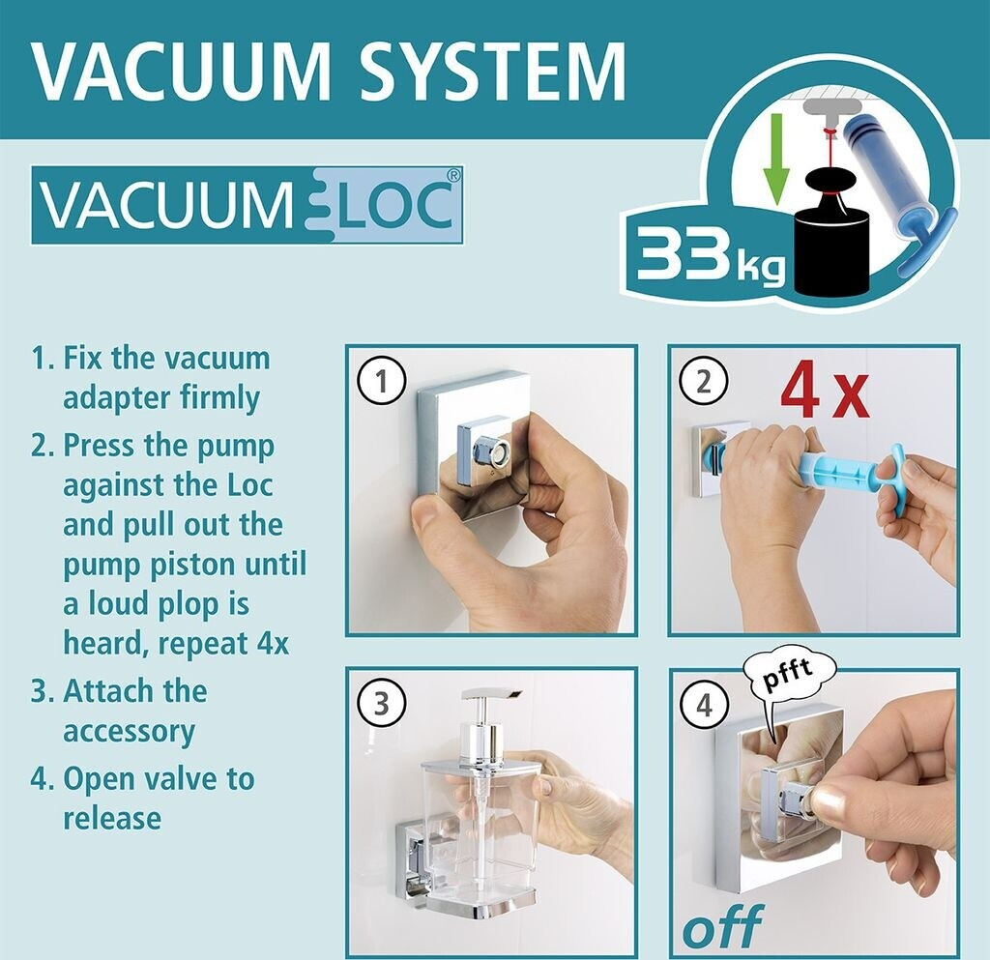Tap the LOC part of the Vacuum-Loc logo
click(396, 205)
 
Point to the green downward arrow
click(776, 160)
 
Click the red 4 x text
click(824, 394)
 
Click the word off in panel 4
click(723, 926)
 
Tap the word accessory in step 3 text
click(129, 733)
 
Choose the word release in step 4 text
click(112, 819)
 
